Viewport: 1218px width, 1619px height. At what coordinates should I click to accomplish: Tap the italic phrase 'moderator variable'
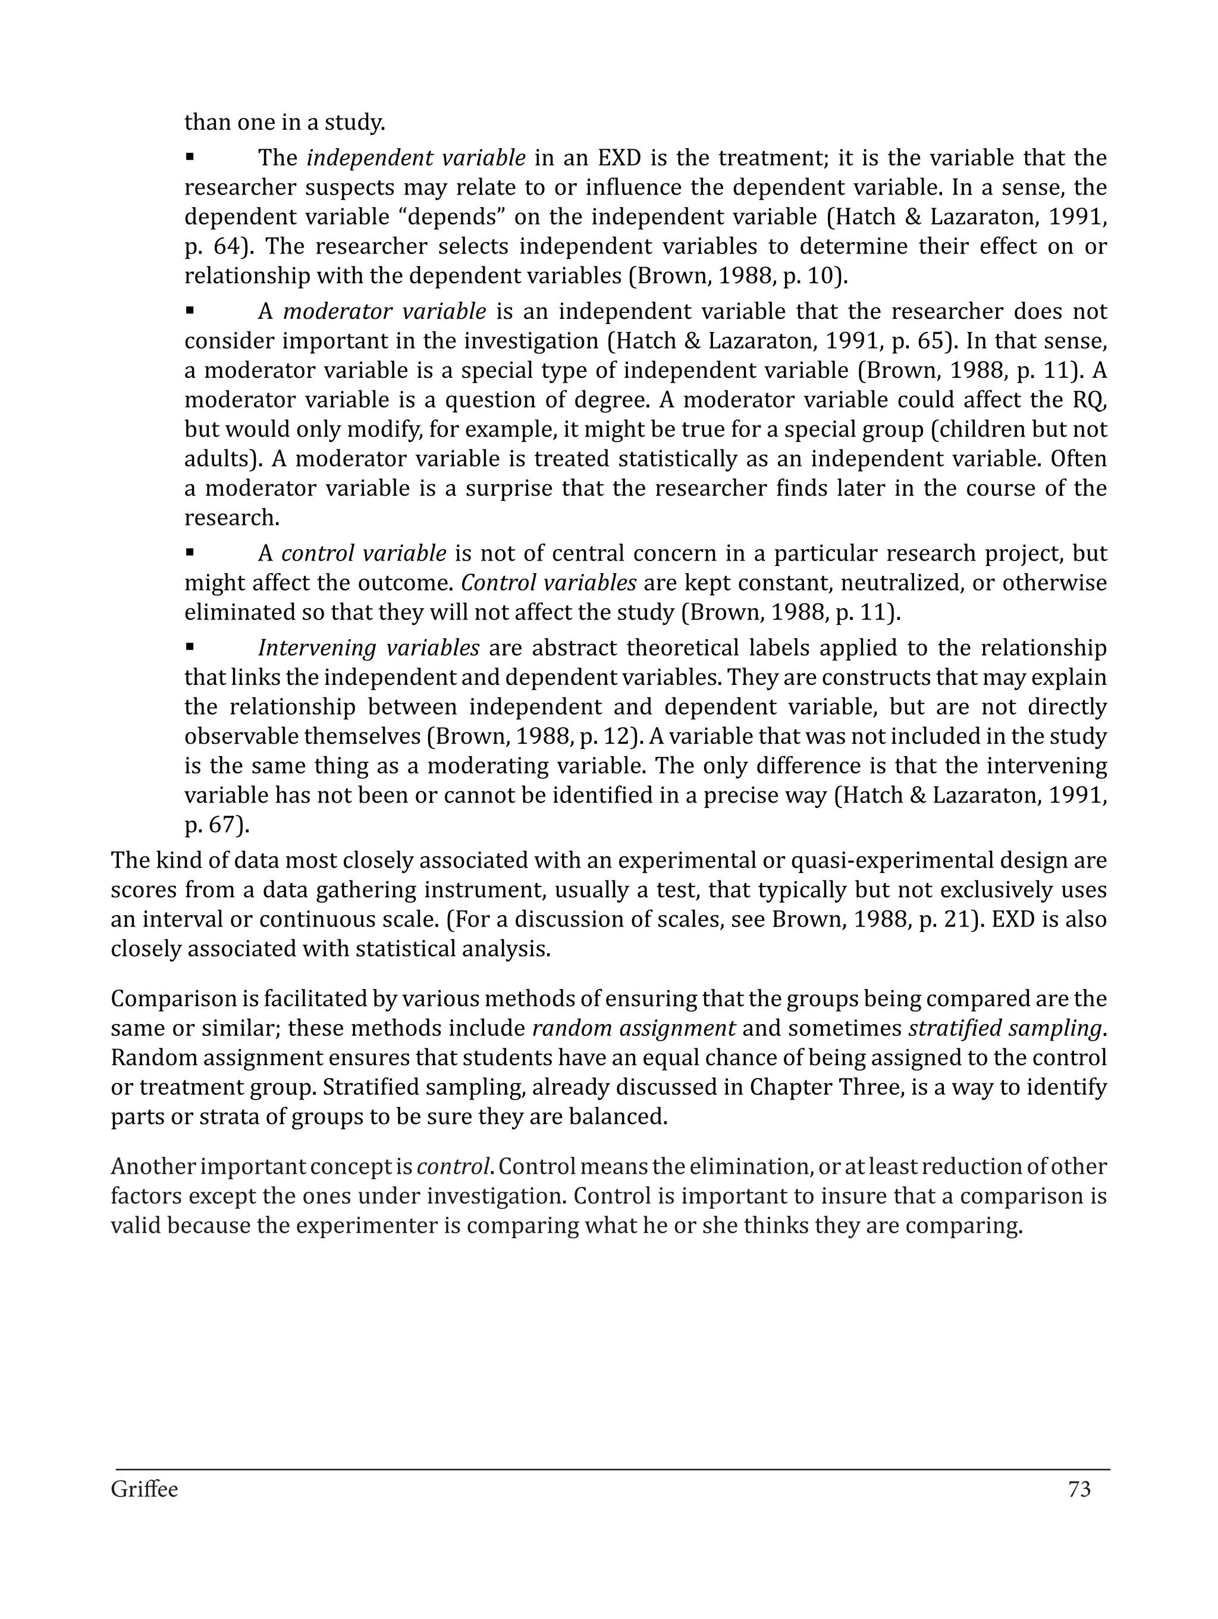tap(384, 312)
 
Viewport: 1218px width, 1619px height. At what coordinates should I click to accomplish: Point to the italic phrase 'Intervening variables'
tap(369, 649)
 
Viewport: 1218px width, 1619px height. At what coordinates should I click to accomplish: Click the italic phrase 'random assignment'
tap(633, 1028)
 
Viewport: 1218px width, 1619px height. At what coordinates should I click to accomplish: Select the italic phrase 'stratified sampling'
tap(1004, 1028)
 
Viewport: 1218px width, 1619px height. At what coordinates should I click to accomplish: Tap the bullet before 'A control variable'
tap(190, 553)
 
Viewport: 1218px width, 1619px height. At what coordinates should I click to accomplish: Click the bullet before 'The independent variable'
tap(190, 157)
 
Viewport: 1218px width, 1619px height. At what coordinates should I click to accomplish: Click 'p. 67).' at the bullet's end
tap(217, 825)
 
